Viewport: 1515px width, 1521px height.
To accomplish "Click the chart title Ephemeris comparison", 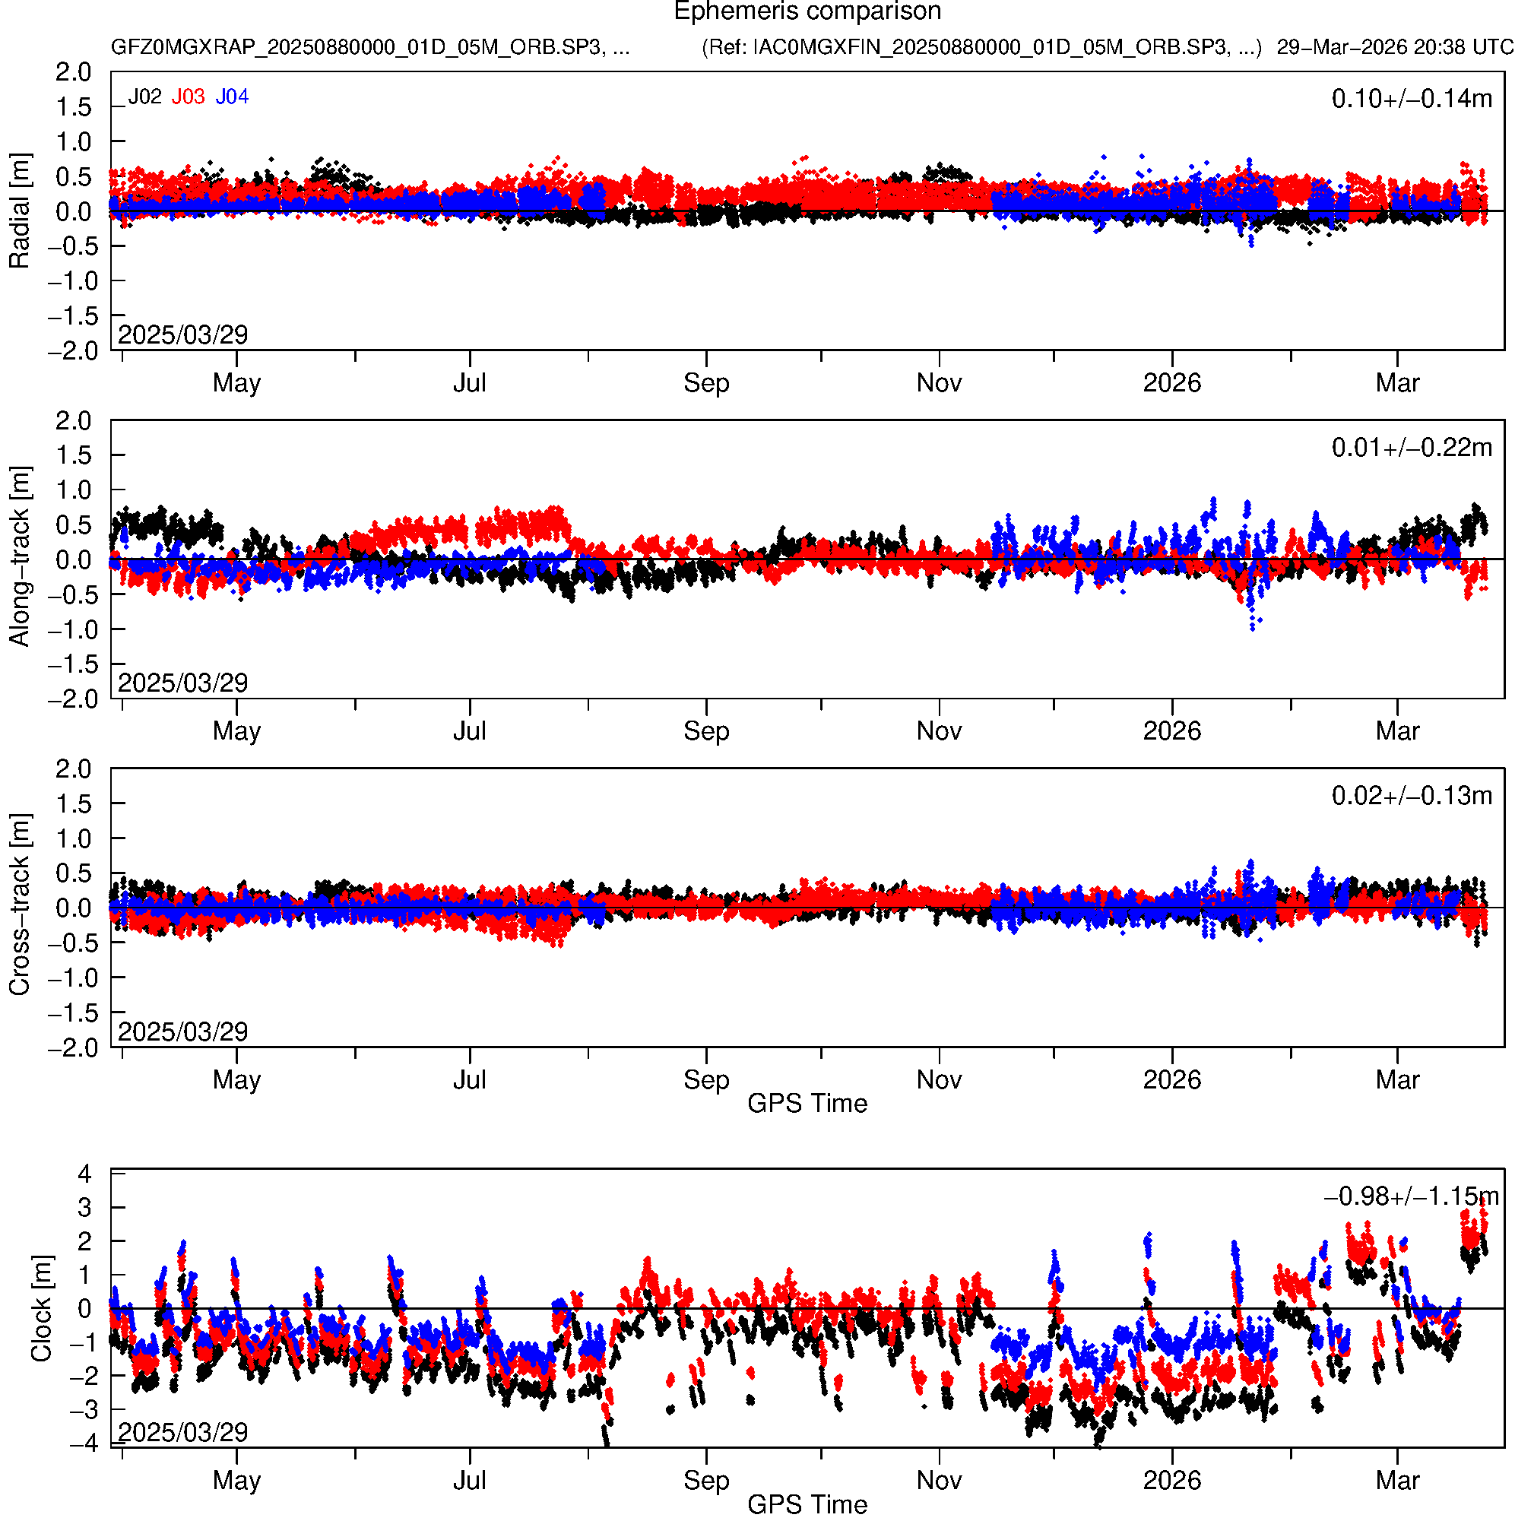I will [807, 12].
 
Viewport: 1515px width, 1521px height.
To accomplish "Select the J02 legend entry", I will [145, 97].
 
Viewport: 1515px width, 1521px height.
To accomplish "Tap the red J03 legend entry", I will [189, 97].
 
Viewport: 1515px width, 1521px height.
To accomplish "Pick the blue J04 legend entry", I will [233, 97].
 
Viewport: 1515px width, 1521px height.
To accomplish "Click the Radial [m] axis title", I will [19, 211].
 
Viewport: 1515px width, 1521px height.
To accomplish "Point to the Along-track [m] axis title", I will [19, 556].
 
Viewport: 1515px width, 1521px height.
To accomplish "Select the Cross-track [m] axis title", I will [19, 905].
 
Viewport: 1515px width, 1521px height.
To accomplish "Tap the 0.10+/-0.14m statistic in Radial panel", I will [1411, 98].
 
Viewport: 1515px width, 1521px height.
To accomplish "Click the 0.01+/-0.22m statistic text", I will [1411, 447].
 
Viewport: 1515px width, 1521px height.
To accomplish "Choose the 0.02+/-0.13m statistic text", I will [1411, 796].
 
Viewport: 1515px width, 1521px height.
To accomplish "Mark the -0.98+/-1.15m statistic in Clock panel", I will [1411, 1196].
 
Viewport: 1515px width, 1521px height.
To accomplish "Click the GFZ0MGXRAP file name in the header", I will [370, 47].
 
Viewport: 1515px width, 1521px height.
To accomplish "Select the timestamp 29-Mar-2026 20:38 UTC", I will [1395, 47].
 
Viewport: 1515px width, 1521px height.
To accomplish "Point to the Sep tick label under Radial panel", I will [706, 383].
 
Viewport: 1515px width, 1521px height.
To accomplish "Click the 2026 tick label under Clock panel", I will [1171, 1481].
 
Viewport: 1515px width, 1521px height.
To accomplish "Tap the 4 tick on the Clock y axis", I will [84, 1174].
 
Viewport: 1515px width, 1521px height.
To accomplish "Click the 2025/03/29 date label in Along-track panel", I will [182, 683].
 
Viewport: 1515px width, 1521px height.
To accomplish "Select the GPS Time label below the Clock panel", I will [807, 1504].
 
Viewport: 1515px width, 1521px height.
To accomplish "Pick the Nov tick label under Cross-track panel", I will [939, 1080].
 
